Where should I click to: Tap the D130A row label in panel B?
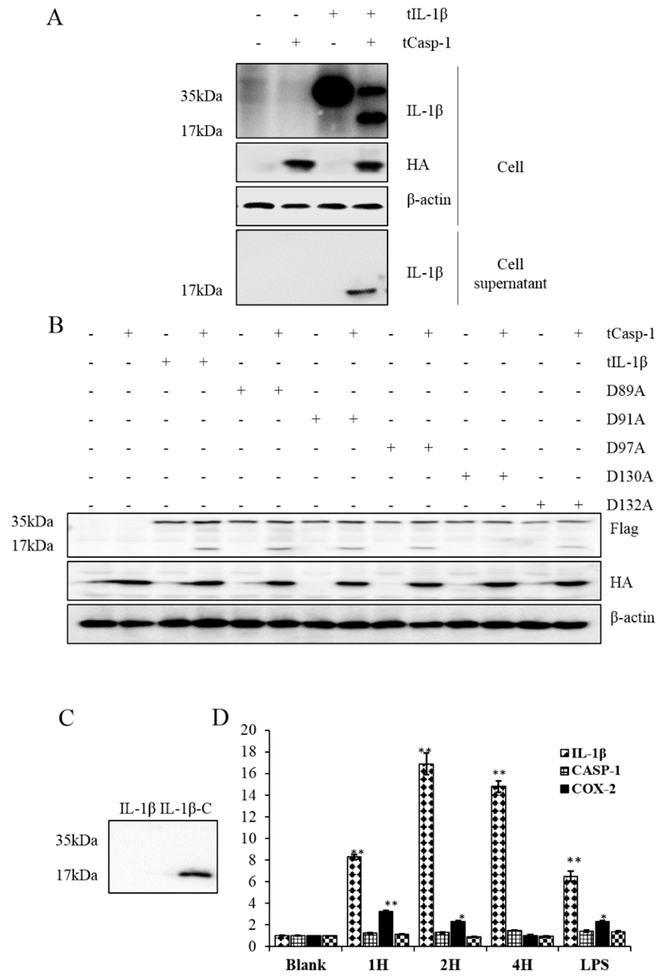[629, 477]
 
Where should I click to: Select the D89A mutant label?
[625, 391]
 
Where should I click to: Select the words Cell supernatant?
[510, 274]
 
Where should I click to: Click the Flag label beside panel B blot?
[624, 528]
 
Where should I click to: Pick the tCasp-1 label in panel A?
[426, 43]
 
